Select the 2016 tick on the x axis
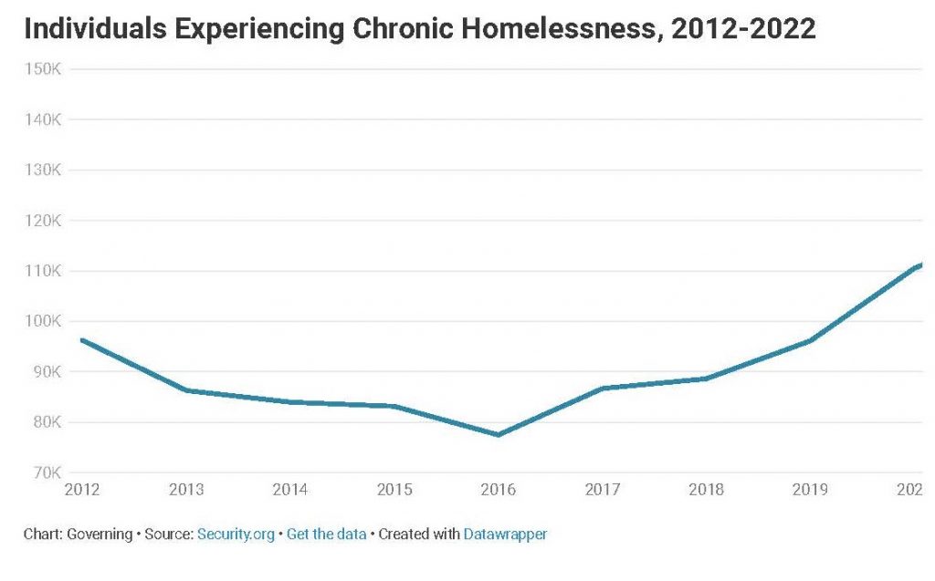point(498,491)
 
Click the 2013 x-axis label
point(186,491)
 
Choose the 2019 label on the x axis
point(809,491)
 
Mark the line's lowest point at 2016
point(499,435)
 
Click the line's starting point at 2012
point(82,339)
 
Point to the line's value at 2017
point(603,389)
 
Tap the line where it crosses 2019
point(810,340)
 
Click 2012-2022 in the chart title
point(743,30)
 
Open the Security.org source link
point(236,534)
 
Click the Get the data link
point(326,534)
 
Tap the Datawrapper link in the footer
point(505,534)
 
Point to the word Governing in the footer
point(99,534)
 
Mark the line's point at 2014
point(290,402)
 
